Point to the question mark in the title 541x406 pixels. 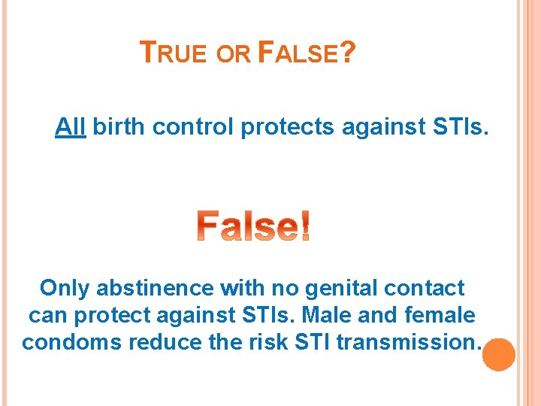point(346,53)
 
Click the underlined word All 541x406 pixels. point(70,128)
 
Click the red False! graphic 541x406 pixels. point(254,227)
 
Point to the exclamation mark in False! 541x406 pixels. point(304,227)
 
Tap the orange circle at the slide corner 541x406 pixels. point(498,353)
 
